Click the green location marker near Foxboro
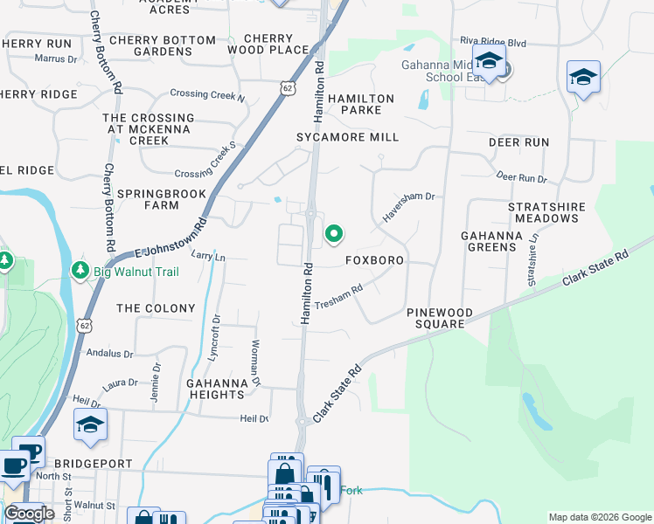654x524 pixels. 333,233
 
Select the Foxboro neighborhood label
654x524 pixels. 374,260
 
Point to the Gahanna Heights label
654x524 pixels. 215,389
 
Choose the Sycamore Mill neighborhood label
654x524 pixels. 347,137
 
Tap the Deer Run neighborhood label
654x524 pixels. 518,141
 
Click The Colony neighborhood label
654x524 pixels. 156,308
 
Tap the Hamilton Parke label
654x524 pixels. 361,105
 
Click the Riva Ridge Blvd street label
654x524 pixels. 493,41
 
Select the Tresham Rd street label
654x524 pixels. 338,296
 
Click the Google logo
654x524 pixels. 29,513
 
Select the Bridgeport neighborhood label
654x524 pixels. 93,463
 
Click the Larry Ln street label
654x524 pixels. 208,257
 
